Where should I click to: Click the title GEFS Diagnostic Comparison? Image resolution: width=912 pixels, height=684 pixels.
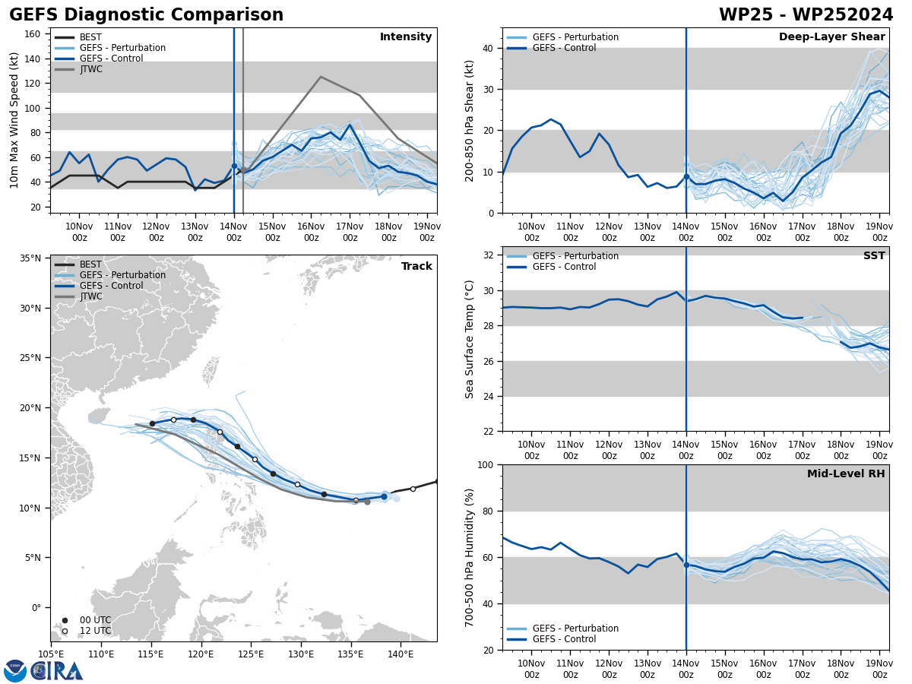tap(146, 15)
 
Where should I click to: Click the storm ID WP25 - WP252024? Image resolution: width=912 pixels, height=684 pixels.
tap(806, 15)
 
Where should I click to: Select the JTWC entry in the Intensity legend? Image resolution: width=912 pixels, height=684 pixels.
tap(90, 69)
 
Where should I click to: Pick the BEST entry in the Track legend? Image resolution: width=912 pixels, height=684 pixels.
tap(90, 264)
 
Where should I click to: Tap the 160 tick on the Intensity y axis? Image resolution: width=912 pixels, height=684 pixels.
tap(33, 34)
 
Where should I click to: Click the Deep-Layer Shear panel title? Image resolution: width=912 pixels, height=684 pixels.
tap(831, 37)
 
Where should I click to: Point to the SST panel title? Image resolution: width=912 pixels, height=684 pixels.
tap(874, 256)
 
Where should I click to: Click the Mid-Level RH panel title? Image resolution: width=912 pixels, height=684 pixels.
tap(846, 474)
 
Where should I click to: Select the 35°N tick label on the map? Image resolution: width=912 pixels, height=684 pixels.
tap(30, 258)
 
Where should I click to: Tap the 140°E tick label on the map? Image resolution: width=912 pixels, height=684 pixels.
tap(401, 654)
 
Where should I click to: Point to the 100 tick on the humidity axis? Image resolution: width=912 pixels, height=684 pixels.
tap(485, 465)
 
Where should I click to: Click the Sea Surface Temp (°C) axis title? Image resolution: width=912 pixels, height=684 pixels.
tap(470, 339)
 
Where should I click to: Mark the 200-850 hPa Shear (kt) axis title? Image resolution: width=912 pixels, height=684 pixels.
tap(470, 120)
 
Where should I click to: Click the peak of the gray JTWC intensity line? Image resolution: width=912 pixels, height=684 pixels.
tap(321, 77)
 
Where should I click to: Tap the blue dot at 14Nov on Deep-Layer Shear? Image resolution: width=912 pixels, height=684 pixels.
tap(686, 176)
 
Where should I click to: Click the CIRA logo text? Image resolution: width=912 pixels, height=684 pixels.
tap(57, 670)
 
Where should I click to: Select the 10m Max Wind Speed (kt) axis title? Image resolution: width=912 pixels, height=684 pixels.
tap(14, 120)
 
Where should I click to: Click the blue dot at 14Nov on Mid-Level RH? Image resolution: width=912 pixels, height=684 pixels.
tap(686, 565)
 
